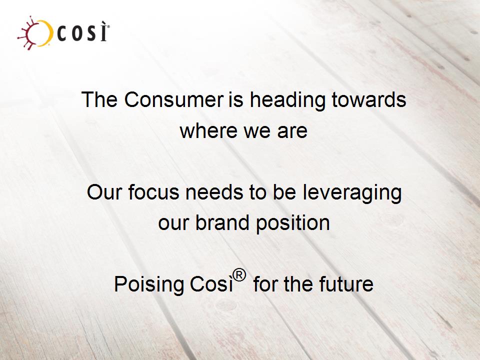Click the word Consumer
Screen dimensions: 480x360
174,99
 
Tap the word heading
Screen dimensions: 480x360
287,100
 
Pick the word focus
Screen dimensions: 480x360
153,192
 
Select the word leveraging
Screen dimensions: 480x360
352,193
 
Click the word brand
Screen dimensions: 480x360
222,222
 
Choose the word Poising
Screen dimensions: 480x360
149,285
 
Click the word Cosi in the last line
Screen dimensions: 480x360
211,284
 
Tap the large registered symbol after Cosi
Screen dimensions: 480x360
239,275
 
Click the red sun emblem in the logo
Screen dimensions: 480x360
29,33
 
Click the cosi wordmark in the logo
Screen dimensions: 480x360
82,31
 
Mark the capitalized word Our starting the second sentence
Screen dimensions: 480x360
104,192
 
